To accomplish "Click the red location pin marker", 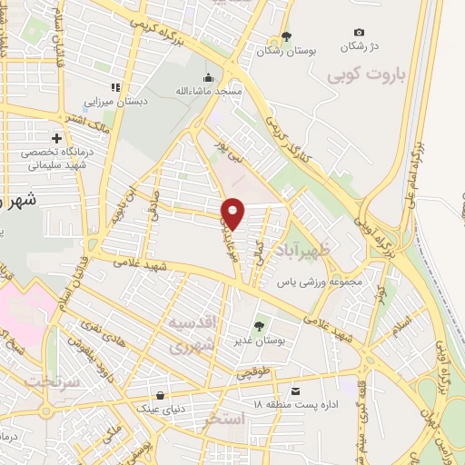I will (234, 213).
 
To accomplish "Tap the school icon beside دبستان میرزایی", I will (115, 87).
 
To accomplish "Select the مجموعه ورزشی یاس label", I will (320, 282).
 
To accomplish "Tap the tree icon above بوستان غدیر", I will (261, 324).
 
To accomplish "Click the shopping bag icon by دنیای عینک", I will (161, 395).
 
